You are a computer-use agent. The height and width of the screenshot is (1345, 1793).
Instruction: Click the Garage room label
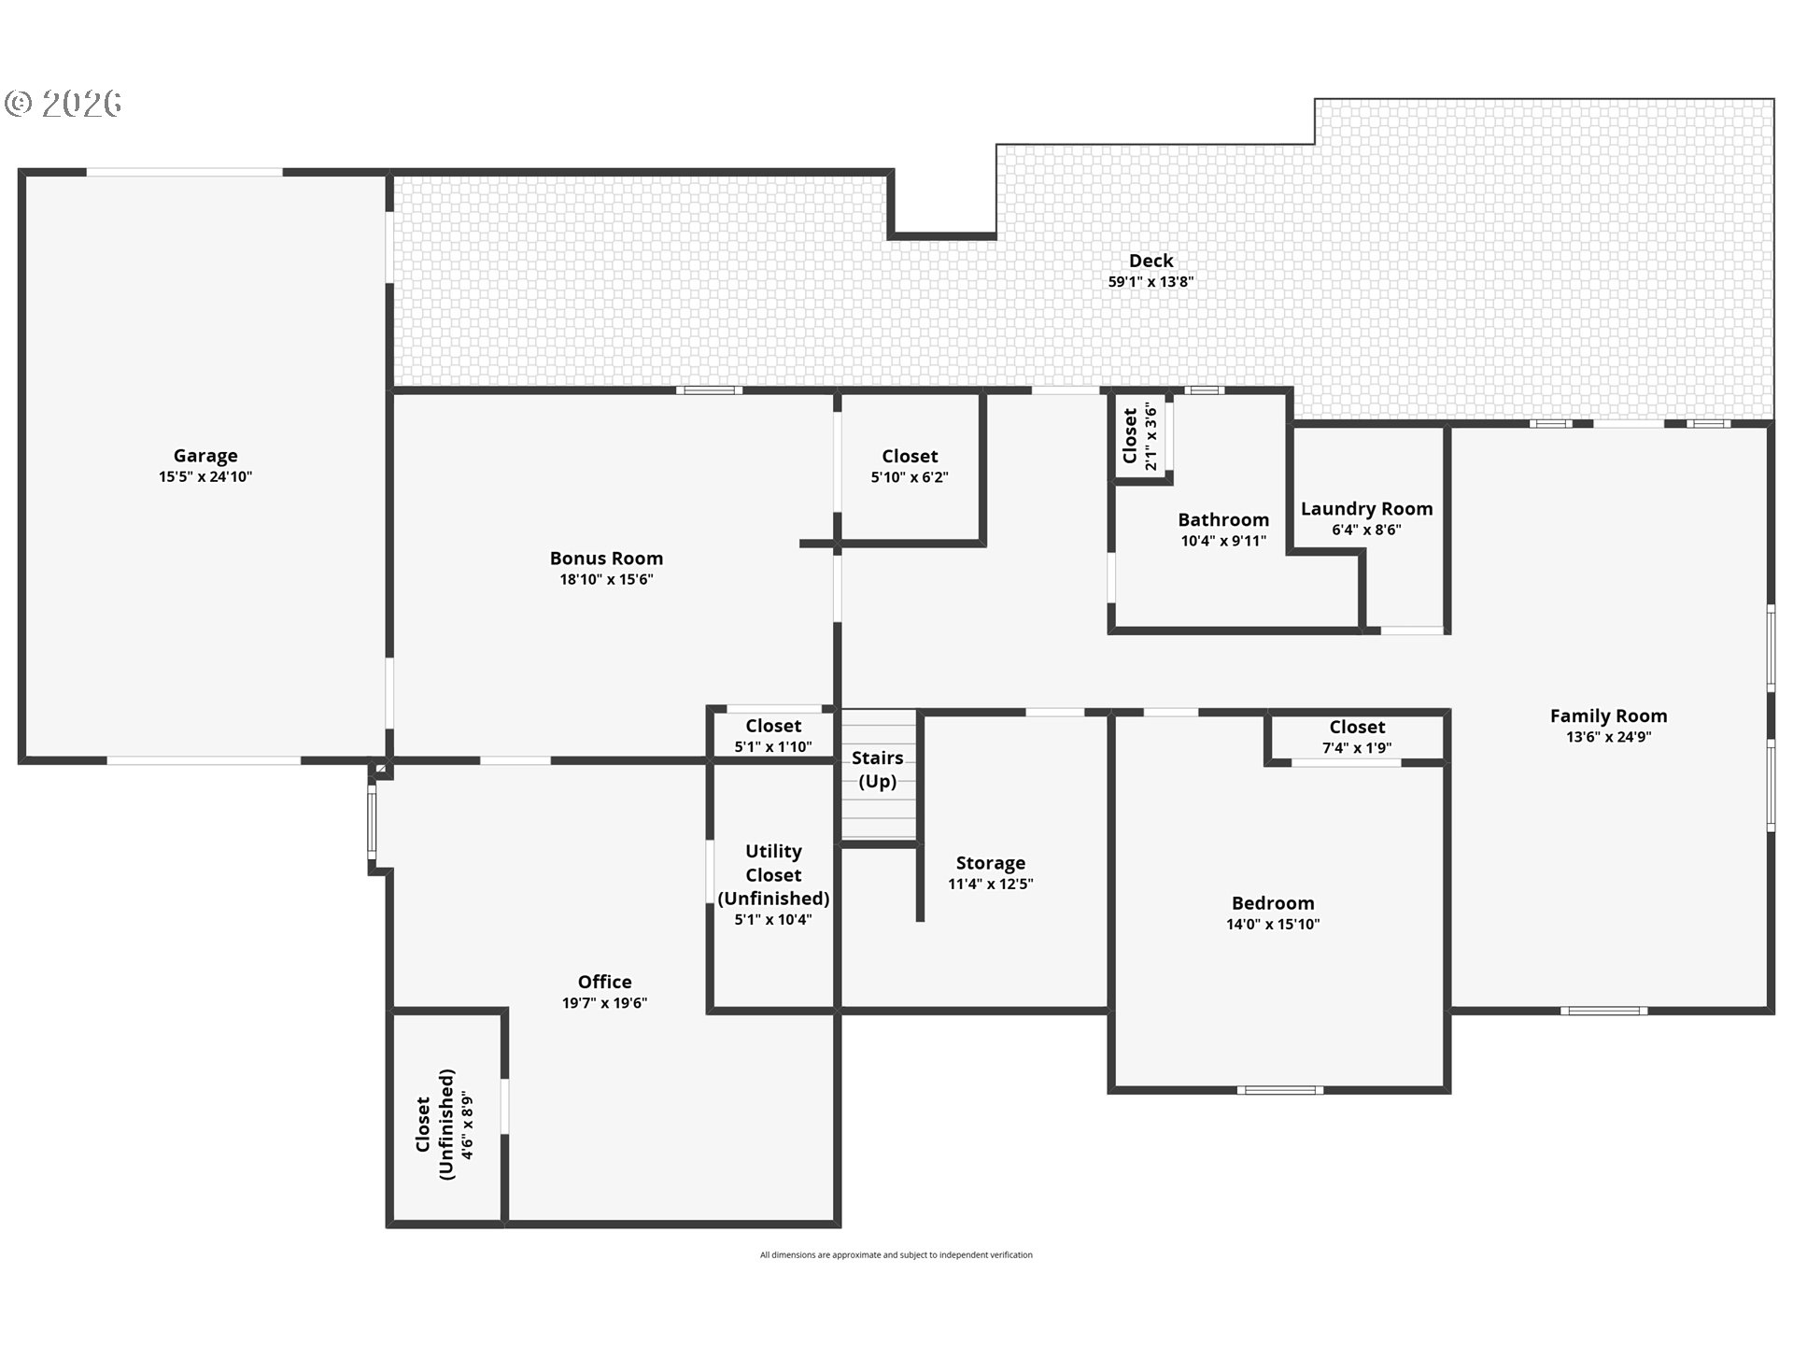[205, 456]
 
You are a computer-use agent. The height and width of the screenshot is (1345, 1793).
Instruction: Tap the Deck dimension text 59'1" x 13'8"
[1151, 282]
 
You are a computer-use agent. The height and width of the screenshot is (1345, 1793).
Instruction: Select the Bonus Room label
[606, 559]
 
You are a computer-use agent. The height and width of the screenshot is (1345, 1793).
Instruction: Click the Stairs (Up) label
[877, 770]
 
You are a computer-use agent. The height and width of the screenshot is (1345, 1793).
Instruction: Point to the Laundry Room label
[1366, 509]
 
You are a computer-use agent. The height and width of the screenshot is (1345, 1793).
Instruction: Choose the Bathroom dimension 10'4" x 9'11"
[1223, 541]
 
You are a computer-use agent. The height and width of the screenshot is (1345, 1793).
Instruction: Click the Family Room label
[1608, 716]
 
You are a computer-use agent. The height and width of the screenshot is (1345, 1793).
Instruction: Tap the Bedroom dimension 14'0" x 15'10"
[1273, 925]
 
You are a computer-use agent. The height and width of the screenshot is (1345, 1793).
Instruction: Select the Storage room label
[990, 863]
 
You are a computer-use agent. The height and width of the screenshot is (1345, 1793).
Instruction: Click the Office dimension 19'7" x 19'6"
[604, 1003]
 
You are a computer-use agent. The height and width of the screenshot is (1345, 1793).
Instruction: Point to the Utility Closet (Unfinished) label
[773, 874]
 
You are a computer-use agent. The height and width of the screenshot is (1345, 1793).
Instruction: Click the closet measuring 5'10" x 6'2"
[910, 465]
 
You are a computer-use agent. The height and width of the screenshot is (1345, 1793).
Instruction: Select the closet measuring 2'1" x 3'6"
[1139, 436]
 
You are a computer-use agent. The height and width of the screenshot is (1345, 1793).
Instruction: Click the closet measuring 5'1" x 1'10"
[773, 734]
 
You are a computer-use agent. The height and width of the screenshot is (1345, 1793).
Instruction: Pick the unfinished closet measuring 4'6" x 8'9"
[445, 1125]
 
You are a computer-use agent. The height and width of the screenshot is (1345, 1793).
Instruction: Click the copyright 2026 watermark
[64, 104]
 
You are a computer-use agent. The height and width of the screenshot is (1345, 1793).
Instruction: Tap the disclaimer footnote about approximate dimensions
[896, 1255]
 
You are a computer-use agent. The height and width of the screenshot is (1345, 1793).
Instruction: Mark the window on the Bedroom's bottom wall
[1280, 1090]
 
